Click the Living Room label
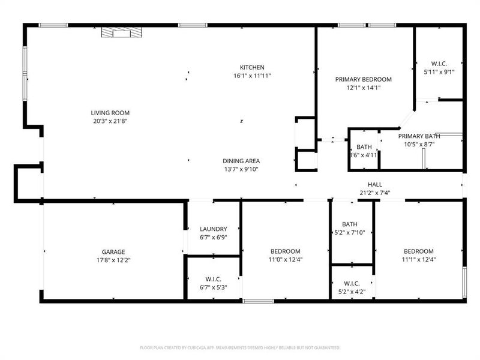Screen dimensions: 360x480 click(110, 113)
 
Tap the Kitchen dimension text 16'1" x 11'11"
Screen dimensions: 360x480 click(252, 76)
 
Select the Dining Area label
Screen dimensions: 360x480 click(241, 161)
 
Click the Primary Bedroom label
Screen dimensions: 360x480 click(363, 79)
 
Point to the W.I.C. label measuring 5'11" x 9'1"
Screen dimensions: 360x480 click(439, 64)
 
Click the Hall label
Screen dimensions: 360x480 click(375, 185)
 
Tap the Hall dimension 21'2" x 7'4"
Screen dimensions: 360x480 click(375, 193)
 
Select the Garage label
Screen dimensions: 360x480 click(113, 251)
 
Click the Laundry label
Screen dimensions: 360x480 click(213, 229)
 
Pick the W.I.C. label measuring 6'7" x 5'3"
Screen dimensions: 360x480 click(213, 279)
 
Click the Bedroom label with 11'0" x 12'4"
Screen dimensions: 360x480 click(285, 251)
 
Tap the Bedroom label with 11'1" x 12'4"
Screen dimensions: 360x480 click(418, 251)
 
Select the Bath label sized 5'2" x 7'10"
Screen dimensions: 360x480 click(349, 224)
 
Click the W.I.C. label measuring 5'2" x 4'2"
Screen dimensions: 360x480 click(352, 283)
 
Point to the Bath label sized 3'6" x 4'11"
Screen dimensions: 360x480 click(364, 147)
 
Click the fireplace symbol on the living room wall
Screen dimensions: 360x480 click(122, 32)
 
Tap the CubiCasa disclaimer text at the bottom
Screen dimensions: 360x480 click(240, 347)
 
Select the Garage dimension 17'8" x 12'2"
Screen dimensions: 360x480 click(113, 260)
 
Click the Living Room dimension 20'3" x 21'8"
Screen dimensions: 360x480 click(110, 121)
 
